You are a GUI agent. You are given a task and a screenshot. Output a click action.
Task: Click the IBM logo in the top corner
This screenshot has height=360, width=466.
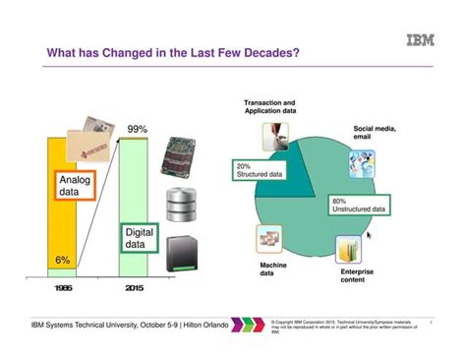click(x=422, y=40)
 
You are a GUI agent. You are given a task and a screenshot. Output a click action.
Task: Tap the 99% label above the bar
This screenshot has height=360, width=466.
click(x=137, y=129)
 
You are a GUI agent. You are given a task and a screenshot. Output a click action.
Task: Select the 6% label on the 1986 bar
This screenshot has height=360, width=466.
click(x=62, y=261)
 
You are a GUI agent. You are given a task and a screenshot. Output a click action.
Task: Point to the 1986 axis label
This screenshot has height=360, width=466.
click(x=62, y=290)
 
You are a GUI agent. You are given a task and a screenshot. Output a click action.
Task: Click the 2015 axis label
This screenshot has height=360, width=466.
click(x=137, y=290)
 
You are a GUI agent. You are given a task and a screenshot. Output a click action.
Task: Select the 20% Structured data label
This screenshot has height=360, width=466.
click(x=260, y=171)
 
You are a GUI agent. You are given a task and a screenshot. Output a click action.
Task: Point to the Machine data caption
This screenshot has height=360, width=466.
click(x=272, y=270)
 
